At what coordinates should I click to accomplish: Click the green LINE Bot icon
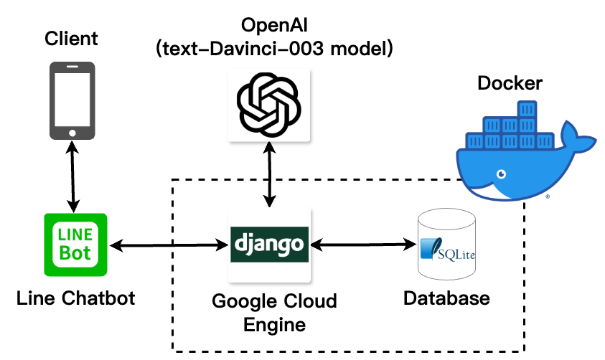[x=75, y=245]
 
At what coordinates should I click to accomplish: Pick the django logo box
[x=269, y=245]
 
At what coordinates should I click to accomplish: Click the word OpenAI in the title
[x=269, y=27]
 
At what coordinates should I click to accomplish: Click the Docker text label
[x=510, y=84]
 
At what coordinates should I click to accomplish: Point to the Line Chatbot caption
[x=75, y=298]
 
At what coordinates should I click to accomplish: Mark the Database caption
[x=446, y=298]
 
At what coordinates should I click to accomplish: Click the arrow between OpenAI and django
[x=269, y=174]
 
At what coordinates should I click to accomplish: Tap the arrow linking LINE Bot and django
[x=169, y=246]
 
